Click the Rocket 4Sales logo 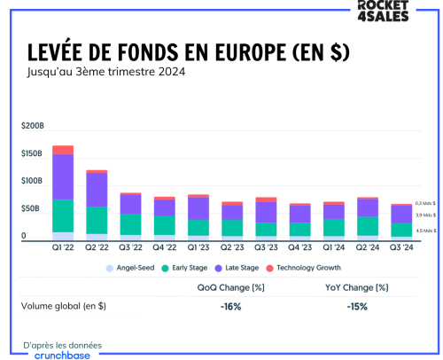coord(408,12)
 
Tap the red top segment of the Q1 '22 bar coord(63,150)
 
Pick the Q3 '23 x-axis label coord(266,247)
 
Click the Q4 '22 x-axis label coord(164,247)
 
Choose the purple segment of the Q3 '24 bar coord(401,214)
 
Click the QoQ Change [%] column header coord(232,287)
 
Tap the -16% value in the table coord(232,306)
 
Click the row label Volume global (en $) coord(64,306)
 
